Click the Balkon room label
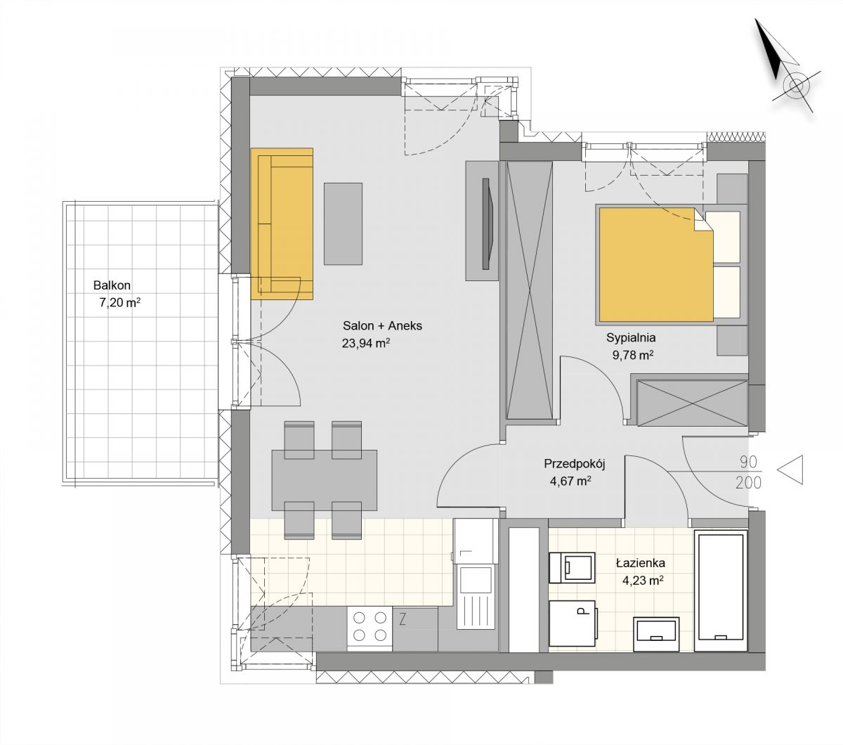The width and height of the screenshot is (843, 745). tap(112, 285)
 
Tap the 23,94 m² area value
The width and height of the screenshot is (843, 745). tap(366, 343)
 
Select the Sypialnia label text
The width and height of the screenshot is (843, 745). tap(631, 338)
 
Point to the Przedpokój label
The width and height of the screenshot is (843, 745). tap(574, 463)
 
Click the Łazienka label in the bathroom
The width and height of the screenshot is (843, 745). tap(641, 563)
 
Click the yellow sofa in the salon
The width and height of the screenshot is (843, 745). tap(282, 223)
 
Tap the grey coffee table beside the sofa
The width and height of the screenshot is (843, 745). tap(343, 223)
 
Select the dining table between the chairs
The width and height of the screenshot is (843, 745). tap(324, 480)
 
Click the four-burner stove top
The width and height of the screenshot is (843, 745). tap(370, 629)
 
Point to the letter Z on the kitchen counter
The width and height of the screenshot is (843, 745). tap(403, 620)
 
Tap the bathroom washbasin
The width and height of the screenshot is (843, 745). tap(656, 634)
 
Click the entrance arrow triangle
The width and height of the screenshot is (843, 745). tap(790, 469)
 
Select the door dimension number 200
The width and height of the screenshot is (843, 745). tap(748, 483)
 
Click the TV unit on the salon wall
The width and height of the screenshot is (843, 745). tap(482, 221)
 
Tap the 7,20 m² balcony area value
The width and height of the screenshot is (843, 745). tap(119, 302)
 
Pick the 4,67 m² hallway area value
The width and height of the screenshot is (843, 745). tap(570, 481)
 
